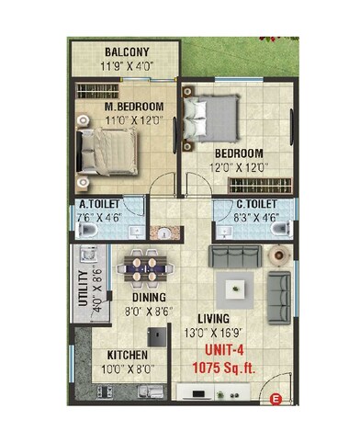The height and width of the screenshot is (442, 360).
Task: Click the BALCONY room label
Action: pos(129,51)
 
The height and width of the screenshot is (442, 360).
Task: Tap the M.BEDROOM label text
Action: pos(132,106)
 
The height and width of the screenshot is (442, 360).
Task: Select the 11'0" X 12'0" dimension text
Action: pos(132,120)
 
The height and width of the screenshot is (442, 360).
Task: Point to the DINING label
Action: pos(148,298)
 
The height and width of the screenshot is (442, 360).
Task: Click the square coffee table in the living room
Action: pos(241,288)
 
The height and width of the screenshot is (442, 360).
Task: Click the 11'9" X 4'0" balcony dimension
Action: pos(129,66)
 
